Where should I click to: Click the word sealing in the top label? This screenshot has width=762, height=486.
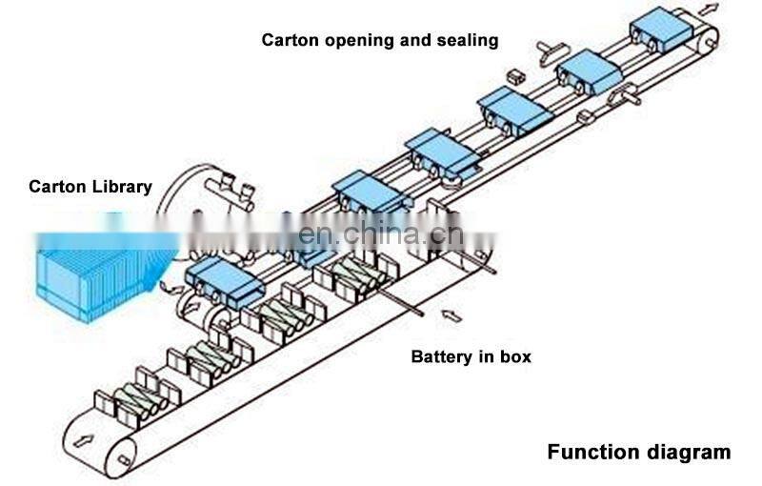click(x=469, y=40)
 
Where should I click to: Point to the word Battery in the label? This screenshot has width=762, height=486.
click(x=440, y=357)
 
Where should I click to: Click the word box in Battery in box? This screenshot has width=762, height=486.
click(x=514, y=357)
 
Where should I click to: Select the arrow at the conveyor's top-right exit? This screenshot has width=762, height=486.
click(x=709, y=9)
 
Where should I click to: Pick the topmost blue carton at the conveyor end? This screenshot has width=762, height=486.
click(x=660, y=30)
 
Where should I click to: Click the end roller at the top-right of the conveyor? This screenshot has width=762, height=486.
click(x=708, y=40)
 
